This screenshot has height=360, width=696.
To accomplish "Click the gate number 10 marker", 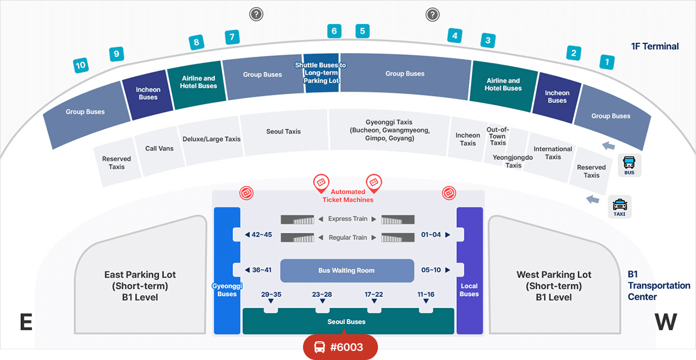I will [80, 65].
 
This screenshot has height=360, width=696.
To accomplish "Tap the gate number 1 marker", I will [607, 62].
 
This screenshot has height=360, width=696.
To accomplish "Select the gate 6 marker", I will [334, 31].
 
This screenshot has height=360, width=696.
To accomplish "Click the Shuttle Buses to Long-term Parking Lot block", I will [321, 73].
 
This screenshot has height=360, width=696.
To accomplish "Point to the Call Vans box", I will [160, 148].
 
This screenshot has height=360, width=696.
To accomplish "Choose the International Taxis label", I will [553, 153].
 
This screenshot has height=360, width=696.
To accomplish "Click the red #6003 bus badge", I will [341, 347].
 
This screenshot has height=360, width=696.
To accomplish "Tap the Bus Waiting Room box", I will [347, 271].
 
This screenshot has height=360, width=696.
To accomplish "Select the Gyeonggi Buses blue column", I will [227, 271].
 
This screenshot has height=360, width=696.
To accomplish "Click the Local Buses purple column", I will [470, 271].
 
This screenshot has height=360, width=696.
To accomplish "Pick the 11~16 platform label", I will [426, 295].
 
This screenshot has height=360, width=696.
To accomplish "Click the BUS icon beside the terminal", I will [629, 165].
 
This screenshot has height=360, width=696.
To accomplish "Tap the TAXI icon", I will [619, 207].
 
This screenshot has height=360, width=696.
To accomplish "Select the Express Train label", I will [347, 219].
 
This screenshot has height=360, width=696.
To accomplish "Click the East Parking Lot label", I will [140, 286].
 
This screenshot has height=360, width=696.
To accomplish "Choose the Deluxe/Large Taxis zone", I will [211, 139].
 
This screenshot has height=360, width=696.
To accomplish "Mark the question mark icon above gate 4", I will [433, 14].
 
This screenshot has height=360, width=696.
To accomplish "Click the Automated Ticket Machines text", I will [347, 196].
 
